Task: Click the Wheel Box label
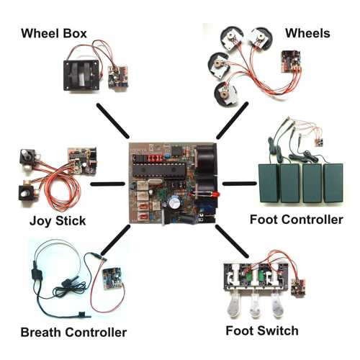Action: pos(54,33)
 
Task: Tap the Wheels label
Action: pos(307,33)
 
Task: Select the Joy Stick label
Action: pos(58,221)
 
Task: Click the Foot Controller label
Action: pos(297,220)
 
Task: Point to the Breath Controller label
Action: pos(73,333)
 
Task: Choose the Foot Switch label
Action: pos(262,330)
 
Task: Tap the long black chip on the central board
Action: pos(159,170)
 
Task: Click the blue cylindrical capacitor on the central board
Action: pos(175,204)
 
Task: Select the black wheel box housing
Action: pos(81,76)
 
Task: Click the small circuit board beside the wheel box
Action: pos(119,77)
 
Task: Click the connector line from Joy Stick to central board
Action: pos(108,184)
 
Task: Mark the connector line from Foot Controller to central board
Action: pos(240,184)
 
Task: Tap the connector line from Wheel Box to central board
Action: pos(113,121)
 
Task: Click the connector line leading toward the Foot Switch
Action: pos(232,241)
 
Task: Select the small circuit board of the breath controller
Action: pos(112,278)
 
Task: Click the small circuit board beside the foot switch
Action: pos(298,287)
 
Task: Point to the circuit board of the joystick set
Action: pos(82,161)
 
